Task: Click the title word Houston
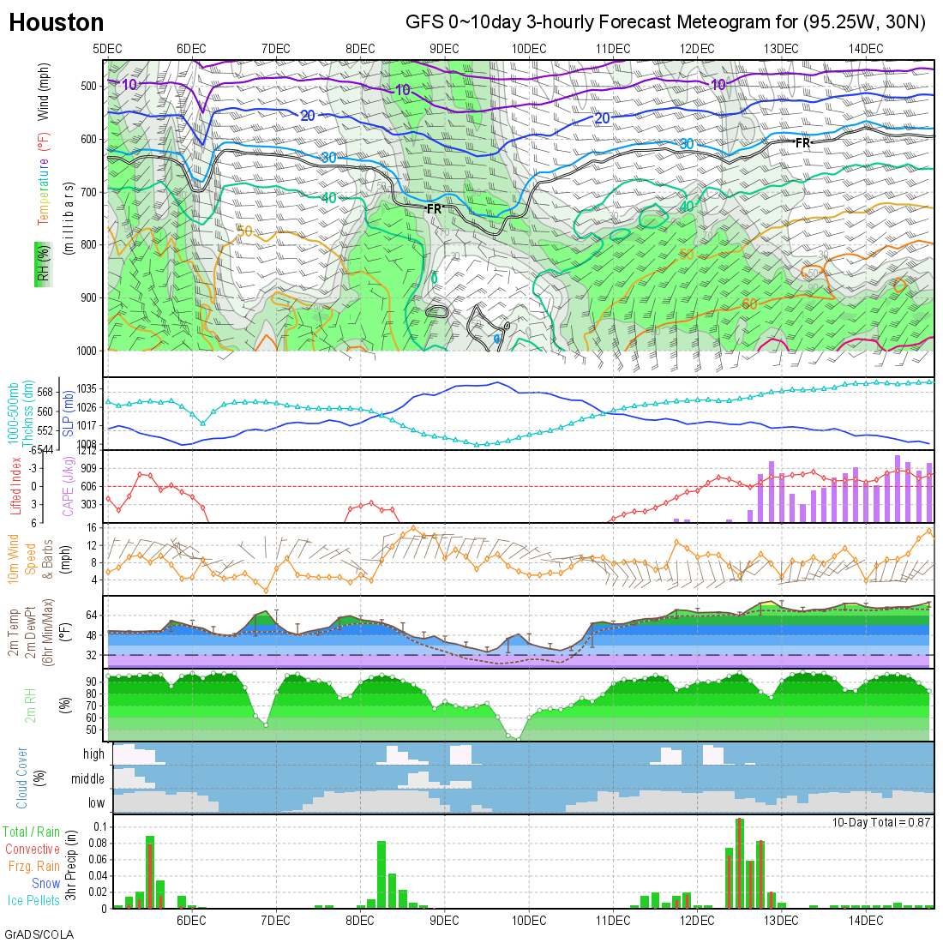coord(57,23)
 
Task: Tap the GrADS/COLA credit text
coord(39,934)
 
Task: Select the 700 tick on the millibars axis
coord(87,192)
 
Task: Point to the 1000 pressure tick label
coord(85,351)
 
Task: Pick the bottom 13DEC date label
coord(781,921)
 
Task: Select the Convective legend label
coord(33,849)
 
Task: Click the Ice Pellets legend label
coord(33,900)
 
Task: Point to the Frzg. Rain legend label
coord(34,866)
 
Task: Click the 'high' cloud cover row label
coord(93,754)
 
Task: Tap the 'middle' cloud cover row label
coord(87,778)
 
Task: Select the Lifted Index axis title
coord(15,486)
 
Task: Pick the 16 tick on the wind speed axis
coord(92,528)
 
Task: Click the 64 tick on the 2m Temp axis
coord(93,615)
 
